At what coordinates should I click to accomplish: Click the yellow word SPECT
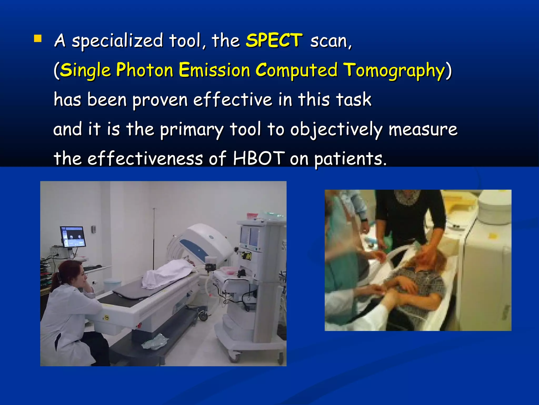pos(274,41)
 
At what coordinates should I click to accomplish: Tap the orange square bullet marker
pos(38,39)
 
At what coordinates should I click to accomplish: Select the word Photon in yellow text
pos(144,70)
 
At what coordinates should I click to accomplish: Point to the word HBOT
pos(259,158)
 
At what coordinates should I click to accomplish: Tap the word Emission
pos(214,70)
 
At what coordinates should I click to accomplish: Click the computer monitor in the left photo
pos(73,237)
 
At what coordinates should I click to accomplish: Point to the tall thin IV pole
pos(154,237)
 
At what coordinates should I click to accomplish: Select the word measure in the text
pos(423,130)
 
